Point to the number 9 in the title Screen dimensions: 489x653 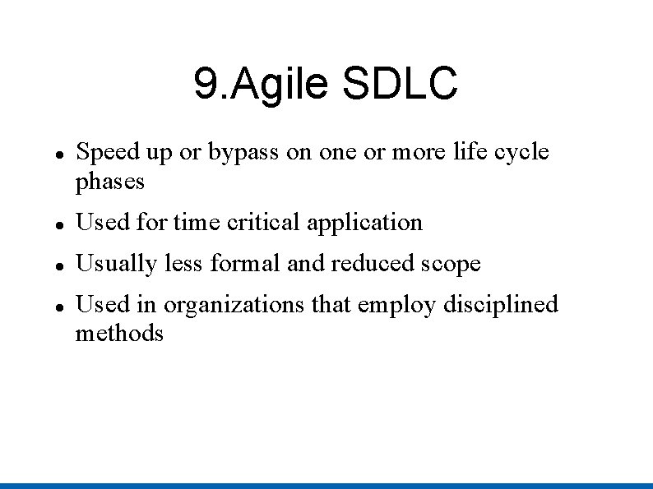[204, 83]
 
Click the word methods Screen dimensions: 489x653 [119, 334]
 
